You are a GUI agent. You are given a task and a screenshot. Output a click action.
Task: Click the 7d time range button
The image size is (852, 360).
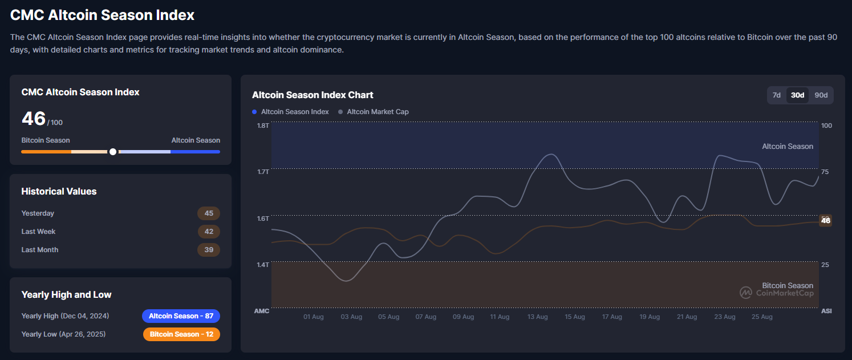776,95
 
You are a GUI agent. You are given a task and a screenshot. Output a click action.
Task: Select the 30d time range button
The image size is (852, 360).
797,95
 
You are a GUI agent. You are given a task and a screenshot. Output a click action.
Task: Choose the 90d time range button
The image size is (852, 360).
821,95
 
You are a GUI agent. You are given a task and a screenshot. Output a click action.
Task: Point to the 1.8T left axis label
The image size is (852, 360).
262,126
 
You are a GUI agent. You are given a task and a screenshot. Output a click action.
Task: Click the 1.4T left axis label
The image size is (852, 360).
262,265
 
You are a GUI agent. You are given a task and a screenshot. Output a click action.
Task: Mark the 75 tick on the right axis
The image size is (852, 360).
825,172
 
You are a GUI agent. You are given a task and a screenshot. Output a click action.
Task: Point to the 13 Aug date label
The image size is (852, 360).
537,317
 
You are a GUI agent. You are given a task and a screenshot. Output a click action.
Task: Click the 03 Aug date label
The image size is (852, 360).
351,317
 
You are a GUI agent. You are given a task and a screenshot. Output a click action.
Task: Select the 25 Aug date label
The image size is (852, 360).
762,317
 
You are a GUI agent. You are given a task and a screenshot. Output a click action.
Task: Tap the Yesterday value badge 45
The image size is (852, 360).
209,213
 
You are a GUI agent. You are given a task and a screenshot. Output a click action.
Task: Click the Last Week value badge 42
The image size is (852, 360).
209,232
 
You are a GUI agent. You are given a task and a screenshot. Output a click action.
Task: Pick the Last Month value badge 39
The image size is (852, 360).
209,250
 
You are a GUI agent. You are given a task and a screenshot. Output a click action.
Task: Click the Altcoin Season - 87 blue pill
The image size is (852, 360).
181,316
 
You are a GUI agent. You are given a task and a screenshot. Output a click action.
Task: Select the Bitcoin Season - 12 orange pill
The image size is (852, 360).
181,334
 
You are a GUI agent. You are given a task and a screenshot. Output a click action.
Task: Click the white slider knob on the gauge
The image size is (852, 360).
113,152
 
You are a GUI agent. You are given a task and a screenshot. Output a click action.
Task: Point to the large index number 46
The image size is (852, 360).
34,119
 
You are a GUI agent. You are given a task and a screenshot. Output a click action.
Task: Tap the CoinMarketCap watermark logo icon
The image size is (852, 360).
746,293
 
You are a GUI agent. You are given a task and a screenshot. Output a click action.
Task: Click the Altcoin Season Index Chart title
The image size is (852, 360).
313,95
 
